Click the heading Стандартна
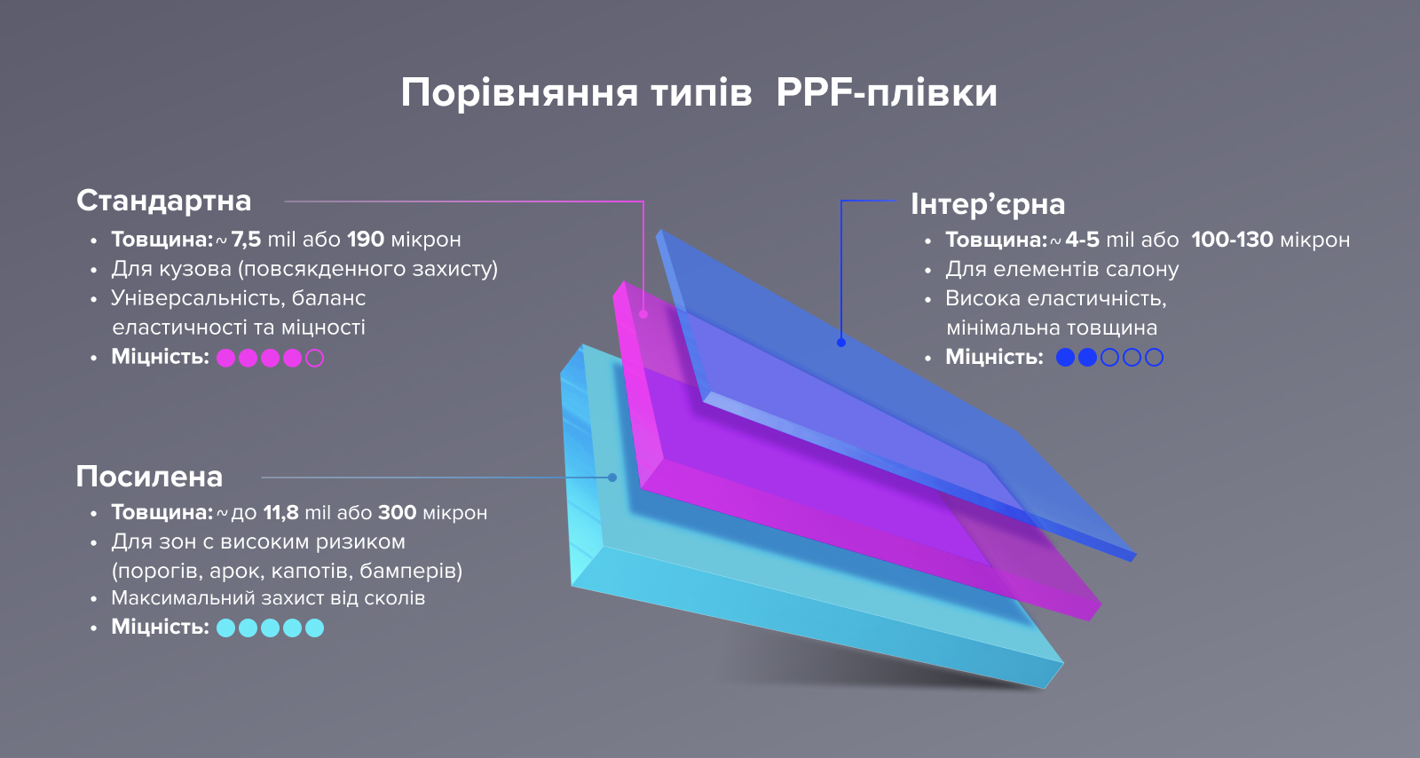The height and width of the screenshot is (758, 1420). click(x=163, y=201)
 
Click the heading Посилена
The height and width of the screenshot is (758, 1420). click(x=149, y=477)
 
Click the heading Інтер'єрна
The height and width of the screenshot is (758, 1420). click(x=988, y=204)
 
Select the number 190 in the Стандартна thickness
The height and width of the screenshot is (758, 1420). click(x=366, y=240)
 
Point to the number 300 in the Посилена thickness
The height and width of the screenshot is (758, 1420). click(x=397, y=512)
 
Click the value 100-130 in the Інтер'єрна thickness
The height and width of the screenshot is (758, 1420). click(x=1232, y=240)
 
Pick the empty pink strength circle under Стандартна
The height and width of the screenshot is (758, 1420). click(x=314, y=358)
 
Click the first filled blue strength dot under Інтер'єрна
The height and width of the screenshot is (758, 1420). click(x=1065, y=358)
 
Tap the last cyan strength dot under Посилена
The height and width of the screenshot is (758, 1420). click(x=314, y=628)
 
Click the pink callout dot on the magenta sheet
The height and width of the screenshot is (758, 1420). click(x=643, y=313)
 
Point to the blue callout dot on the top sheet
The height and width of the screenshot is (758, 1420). click(x=841, y=343)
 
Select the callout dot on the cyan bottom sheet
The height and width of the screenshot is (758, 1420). click(x=612, y=478)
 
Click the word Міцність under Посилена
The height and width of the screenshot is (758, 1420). click(x=161, y=627)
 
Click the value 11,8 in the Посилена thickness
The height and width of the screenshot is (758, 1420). click(x=280, y=512)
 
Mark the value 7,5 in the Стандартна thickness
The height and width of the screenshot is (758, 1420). click(x=246, y=240)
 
